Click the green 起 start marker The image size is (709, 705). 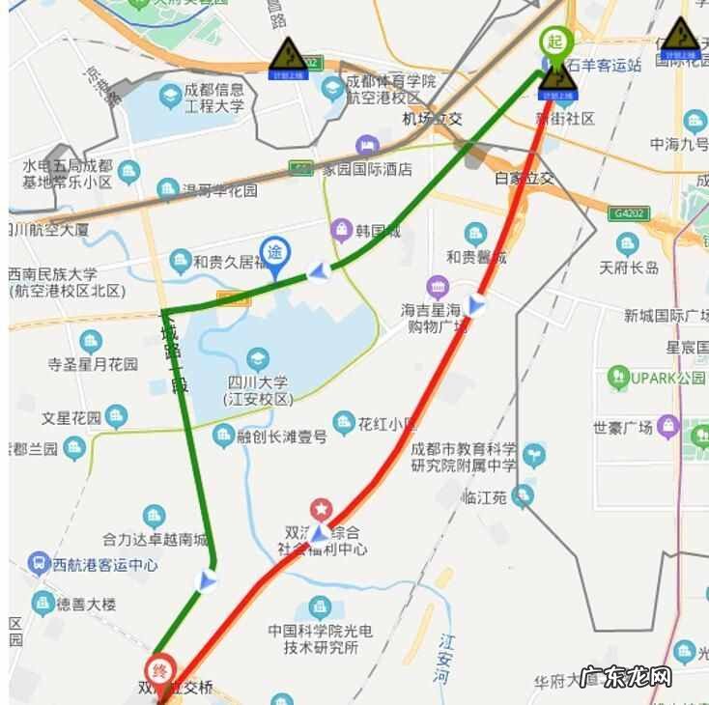click(x=554, y=42)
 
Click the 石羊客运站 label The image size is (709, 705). click(x=605, y=66)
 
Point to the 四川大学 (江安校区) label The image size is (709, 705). click(x=257, y=389)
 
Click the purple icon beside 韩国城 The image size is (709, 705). click(x=340, y=230)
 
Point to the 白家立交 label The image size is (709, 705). click(x=524, y=178)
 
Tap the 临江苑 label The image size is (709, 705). click(x=485, y=497)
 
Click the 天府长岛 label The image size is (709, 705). click(x=629, y=268)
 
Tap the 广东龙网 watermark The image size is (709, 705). click(x=626, y=676)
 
